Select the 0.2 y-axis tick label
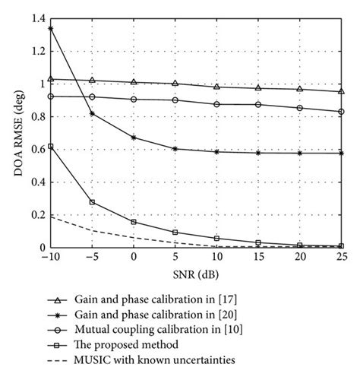(x=36, y=215)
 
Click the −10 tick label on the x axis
(x=49, y=258)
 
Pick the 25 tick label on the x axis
(x=340, y=258)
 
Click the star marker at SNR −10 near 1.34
(x=50, y=28)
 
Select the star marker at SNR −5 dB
(x=92, y=113)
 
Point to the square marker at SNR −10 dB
(x=50, y=146)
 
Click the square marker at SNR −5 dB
(x=92, y=202)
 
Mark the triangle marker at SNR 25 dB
(x=340, y=91)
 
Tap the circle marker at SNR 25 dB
(x=340, y=112)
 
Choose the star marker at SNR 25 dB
(x=340, y=154)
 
